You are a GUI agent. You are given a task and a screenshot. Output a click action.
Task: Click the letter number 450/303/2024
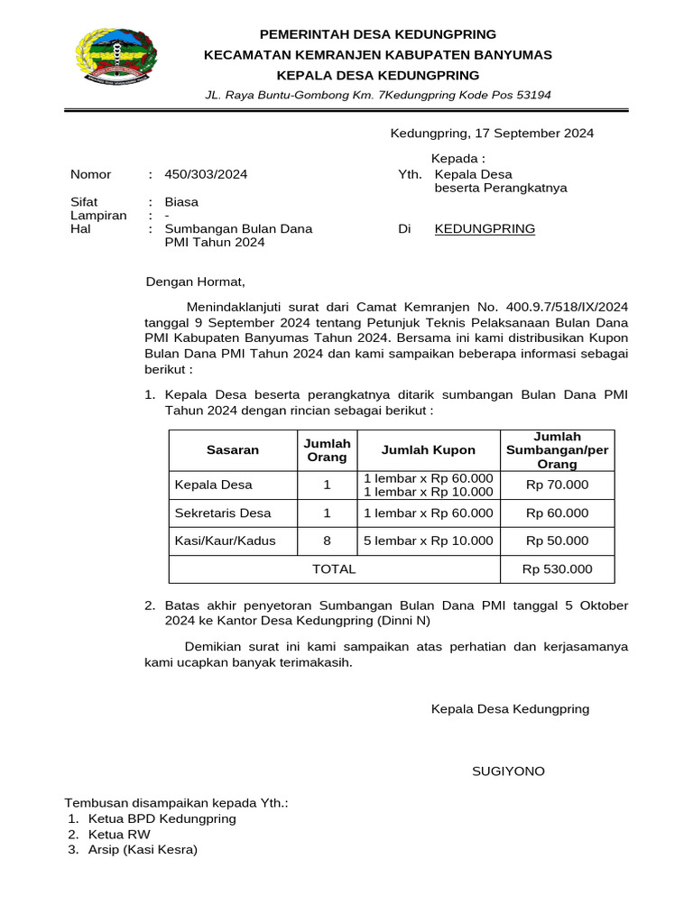coord(206,174)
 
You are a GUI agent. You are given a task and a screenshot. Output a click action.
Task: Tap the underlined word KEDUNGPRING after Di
coord(485,229)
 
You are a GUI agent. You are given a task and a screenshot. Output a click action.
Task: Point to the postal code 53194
coord(532,95)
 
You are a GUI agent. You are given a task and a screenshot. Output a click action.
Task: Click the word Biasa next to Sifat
coord(181,202)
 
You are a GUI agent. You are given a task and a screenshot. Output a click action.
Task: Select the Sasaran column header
coord(233,449)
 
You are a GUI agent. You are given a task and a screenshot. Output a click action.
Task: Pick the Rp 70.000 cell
coord(557,485)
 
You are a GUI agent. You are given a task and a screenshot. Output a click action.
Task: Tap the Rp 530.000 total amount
coord(557,568)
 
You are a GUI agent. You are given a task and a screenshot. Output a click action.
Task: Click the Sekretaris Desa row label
coord(223,513)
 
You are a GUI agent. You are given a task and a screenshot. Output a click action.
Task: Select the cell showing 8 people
coord(327,541)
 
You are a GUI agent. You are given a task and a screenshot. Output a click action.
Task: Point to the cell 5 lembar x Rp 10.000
coord(429,541)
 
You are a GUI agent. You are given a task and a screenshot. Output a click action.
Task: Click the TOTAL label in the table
coord(334,568)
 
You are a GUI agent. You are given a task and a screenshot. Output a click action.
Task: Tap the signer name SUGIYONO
coord(509,772)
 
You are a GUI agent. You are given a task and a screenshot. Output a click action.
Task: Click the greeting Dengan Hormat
coord(196,282)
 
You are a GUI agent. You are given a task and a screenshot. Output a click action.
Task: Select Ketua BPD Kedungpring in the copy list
coord(162,818)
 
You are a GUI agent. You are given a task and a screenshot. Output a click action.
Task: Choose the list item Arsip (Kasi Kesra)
coord(143,849)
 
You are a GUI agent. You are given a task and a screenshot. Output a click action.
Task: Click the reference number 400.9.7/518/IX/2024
coord(567,306)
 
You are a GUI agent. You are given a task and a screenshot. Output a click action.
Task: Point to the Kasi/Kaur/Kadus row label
coord(225,541)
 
